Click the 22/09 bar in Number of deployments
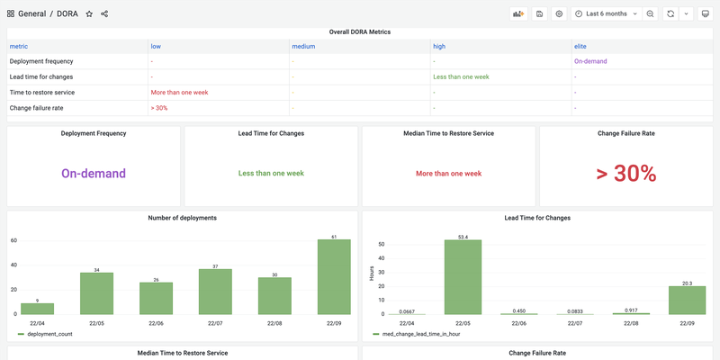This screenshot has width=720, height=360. [x=334, y=277]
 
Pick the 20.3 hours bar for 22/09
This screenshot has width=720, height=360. [x=688, y=300]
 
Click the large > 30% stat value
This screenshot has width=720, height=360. [x=626, y=174]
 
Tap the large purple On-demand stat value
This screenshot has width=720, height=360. [x=94, y=174]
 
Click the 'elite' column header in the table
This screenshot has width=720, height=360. [x=582, y=45]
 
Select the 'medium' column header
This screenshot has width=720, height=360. [x=302, y=45]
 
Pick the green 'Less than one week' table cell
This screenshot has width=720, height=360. [x=461, y=76]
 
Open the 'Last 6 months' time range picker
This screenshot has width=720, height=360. [x=607, y=13]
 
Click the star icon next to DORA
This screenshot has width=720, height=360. [x=89, y=13]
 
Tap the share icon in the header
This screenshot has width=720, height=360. [x=104, y=13]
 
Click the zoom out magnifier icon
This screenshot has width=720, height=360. [x=650, y=13]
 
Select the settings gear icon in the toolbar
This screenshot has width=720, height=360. [x=559, y=13]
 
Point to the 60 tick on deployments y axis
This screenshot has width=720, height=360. [x=13, y=240]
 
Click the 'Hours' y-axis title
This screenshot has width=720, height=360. [x=372, y=273]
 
